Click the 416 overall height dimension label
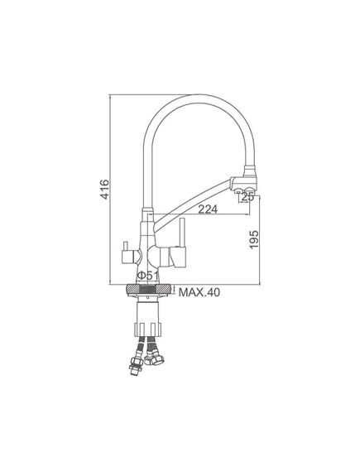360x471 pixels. [105, 189]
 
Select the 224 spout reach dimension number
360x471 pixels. [208, 209]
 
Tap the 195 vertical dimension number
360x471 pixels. [254, 239]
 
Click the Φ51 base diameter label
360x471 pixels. [147, 275]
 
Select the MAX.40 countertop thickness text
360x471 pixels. [199, 292]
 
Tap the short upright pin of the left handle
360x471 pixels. [125, 247]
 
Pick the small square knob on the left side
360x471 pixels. [127, 257]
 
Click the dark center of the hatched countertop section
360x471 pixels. [148, 289]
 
